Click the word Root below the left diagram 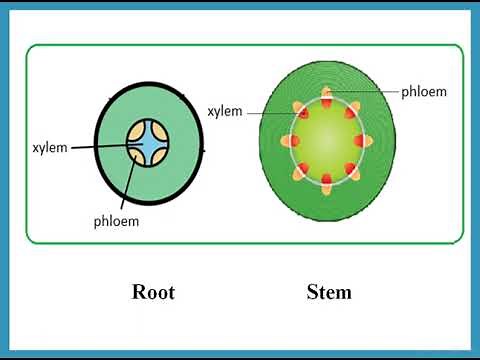pyautogui.click(x=153, y=292)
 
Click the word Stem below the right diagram pyautogui.click(x=329, y=292)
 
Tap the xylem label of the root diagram pyautogui.click(x=49, y=148)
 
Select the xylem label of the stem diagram pyautogui.click(x=225, y=111)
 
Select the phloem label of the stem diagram pyautogui.click(x=424, y=91)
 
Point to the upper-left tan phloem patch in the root pyautogui.click(x=137, y=135)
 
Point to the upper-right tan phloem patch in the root pyautogui.click(x=161, y=135)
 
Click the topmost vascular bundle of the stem pyautogui.click(x=327, y=99)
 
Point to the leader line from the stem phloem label pyautogui.click(x=365, y=92)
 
